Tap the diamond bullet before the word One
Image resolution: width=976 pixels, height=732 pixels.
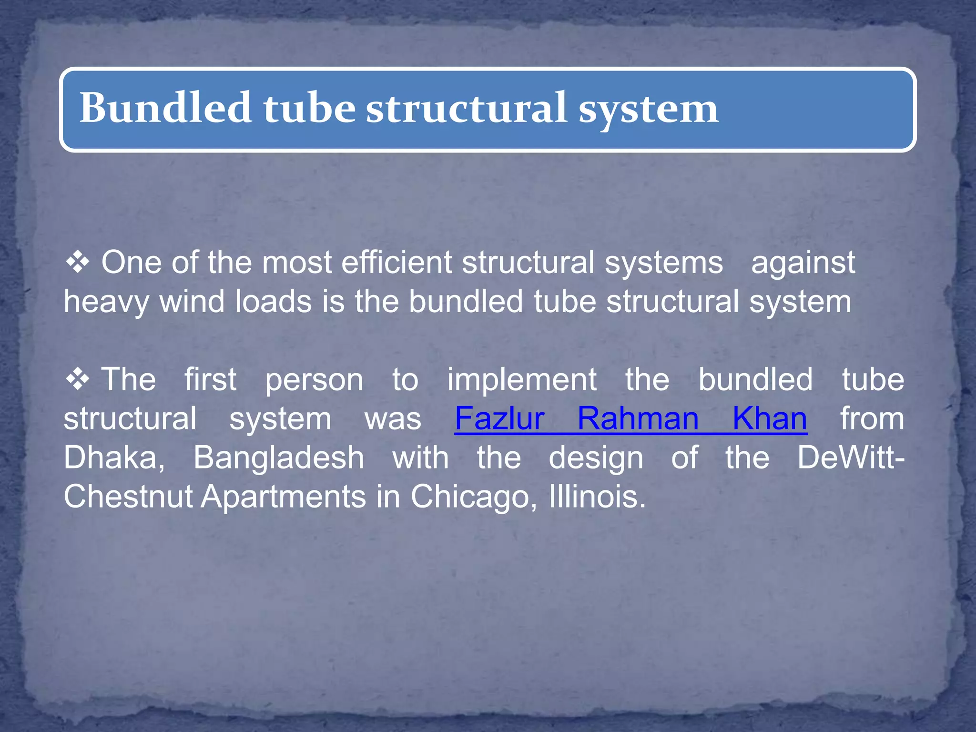[x=78, y=263]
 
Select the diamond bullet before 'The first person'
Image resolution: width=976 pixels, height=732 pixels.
[x=78, y=379]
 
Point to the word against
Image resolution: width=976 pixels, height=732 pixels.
[x=803, y=263]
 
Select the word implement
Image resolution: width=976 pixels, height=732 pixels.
[x=522, y=380]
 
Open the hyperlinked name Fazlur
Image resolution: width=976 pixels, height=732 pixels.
[x=499, y=419]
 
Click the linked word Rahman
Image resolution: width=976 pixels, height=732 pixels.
[x=638, y=419]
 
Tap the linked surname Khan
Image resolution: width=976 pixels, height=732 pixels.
[x=770, y=419]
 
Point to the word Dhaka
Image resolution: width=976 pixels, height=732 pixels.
[x=114, y=458]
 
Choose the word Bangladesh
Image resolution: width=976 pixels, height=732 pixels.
[x=279, y=458]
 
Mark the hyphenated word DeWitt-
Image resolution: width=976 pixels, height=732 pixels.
[x=851, y=457]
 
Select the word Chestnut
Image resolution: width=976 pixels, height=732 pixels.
[x=128, y=497]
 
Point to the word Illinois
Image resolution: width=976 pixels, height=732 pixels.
[x=597, y=497]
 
